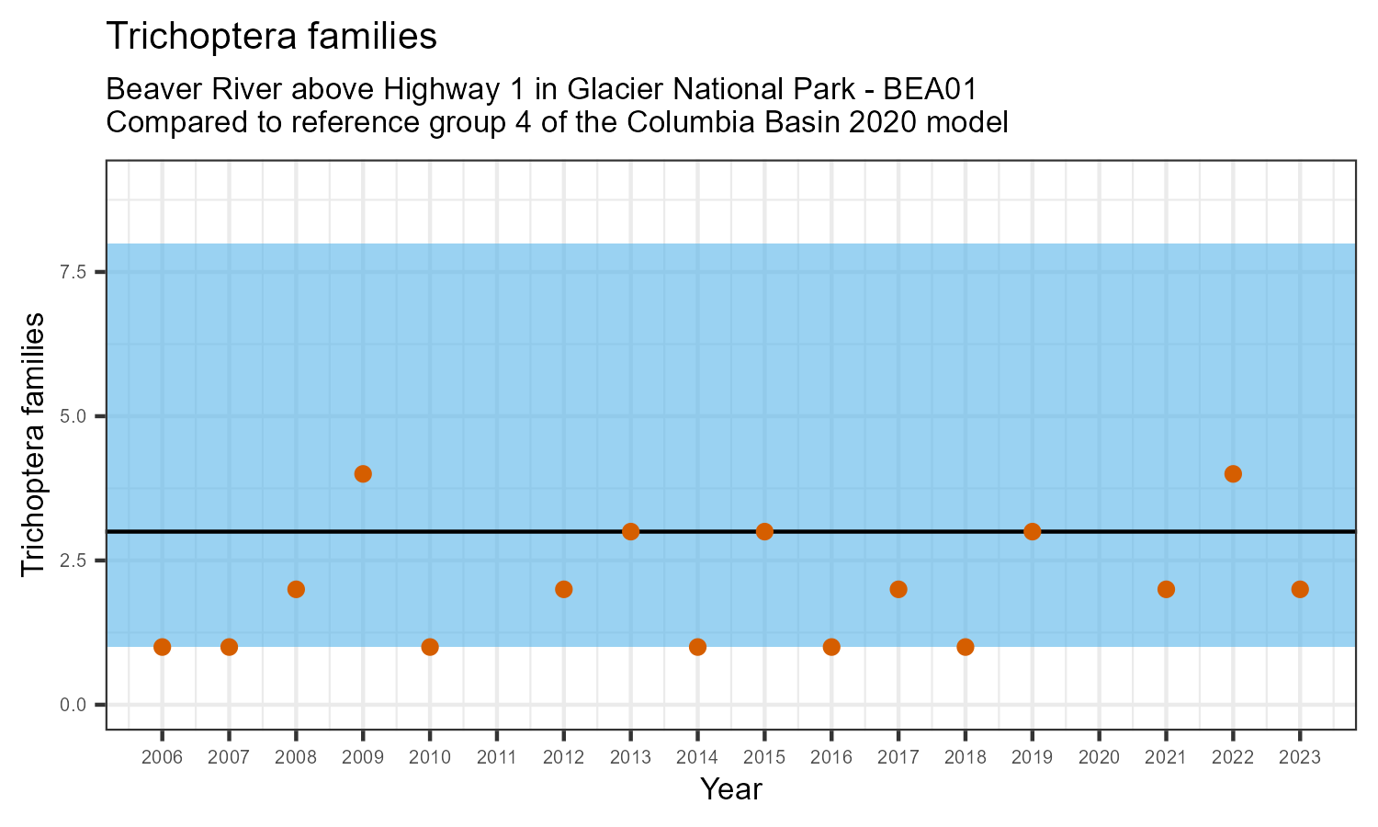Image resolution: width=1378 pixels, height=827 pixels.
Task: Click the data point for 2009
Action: point(363,474)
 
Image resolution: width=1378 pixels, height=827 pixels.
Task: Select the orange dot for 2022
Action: point(1233,474)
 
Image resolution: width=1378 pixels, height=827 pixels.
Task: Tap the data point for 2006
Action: point(163,647)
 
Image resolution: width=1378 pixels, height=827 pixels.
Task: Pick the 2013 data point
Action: point(630,532)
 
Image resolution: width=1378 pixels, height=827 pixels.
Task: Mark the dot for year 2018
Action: point(965,647)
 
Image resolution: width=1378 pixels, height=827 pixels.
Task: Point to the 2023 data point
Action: point(1300,589)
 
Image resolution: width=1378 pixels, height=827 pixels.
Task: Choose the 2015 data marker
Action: point(764,532)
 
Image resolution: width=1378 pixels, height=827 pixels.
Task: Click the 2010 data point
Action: point(430,647)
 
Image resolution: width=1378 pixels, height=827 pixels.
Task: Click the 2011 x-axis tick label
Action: point(497,758)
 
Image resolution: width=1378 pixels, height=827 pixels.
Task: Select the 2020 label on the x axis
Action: point(1099,758)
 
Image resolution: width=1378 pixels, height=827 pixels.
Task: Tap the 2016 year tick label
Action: point(831,758)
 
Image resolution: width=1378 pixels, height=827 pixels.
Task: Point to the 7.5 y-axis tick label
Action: point(73,272)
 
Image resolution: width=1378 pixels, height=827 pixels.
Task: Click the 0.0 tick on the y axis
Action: point(73,705)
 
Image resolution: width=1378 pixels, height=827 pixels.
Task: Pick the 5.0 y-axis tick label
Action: point(73,416)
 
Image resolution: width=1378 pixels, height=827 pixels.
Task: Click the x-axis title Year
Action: point(731,789)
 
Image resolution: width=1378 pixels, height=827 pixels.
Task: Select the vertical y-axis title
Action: point(33,445)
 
